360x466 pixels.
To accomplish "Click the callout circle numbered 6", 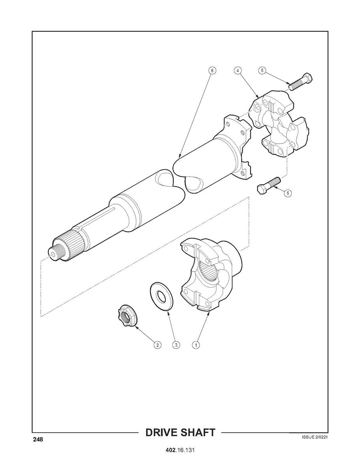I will point(211,71).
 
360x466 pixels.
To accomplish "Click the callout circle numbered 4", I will point(237,71).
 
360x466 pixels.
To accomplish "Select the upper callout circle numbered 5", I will point(262,71).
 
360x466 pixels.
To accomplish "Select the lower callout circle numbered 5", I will point(287,193).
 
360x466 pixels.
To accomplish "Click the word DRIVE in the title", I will point(162,433).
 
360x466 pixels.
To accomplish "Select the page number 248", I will point(38,440).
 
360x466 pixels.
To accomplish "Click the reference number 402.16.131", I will point(180,450).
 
